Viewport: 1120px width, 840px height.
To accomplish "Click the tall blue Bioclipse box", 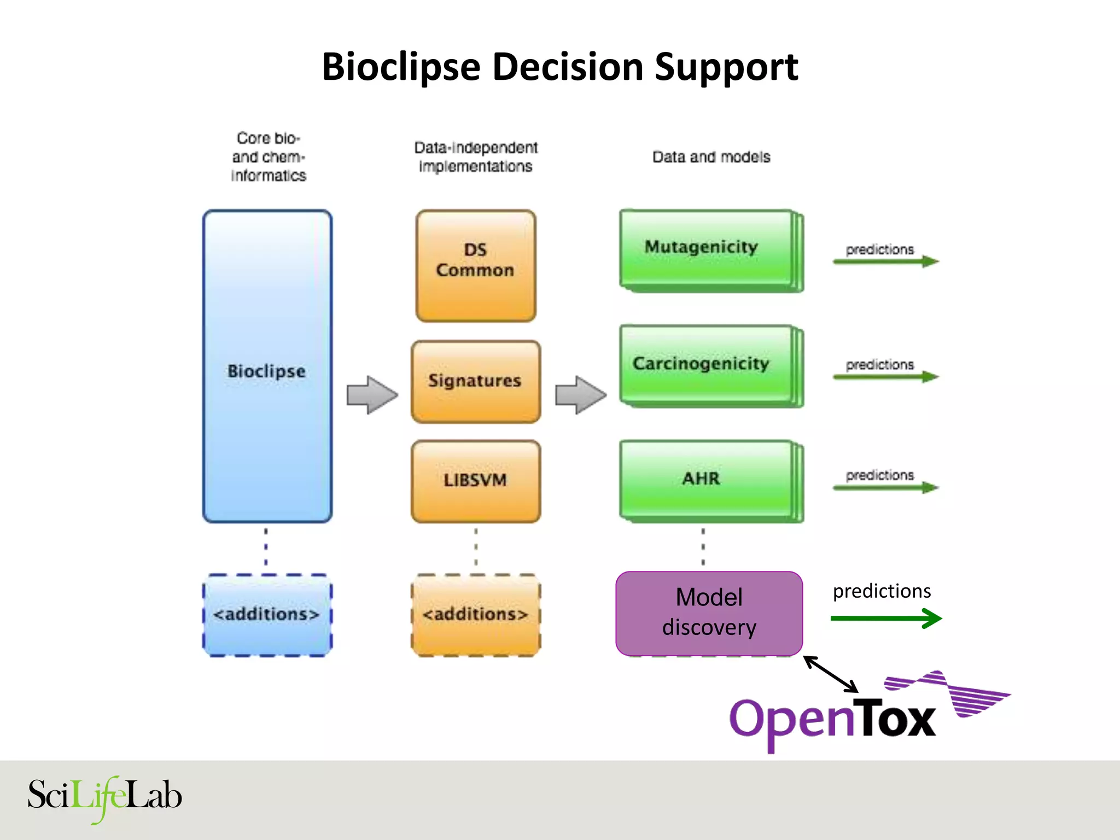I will coord(267,366).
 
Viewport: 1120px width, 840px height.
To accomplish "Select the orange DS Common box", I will coord(475,266).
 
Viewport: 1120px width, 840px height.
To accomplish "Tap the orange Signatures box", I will coord(475,382).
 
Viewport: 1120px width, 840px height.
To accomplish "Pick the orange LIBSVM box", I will coord(475,481).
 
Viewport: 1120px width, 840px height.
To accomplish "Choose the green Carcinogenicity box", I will coord(705,365).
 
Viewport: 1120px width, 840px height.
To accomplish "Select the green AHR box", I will coord(705,480).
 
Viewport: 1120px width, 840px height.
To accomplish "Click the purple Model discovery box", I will coord(709,613).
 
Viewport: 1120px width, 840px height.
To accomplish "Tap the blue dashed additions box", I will coord(267,615).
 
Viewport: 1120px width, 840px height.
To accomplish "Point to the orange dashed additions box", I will coord(475,615).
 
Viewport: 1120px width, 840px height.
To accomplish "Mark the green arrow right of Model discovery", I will coord(886,619).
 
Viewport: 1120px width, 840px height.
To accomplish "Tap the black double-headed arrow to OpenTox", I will coord(831,674).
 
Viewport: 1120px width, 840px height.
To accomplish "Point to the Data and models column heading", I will coord(711,157).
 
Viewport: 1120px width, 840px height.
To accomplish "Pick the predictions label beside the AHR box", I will coord(879,475).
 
